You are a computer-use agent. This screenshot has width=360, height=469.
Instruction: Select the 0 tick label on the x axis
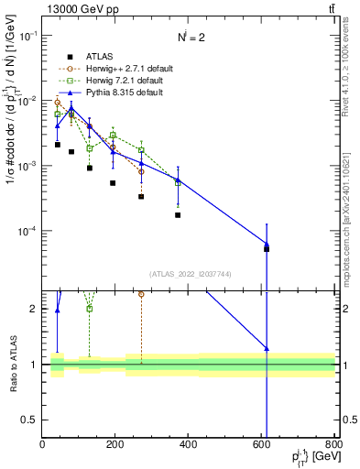[42, 446]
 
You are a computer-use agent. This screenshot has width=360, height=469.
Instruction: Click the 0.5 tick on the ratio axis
[32, 420]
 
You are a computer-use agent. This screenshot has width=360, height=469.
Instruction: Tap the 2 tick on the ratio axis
[35, 309]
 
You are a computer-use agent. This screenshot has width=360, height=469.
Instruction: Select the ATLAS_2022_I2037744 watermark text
[189, 274]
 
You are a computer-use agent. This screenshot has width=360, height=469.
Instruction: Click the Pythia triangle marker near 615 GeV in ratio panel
[267, 348]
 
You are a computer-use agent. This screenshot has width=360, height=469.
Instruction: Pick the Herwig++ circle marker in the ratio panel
[141, 294]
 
